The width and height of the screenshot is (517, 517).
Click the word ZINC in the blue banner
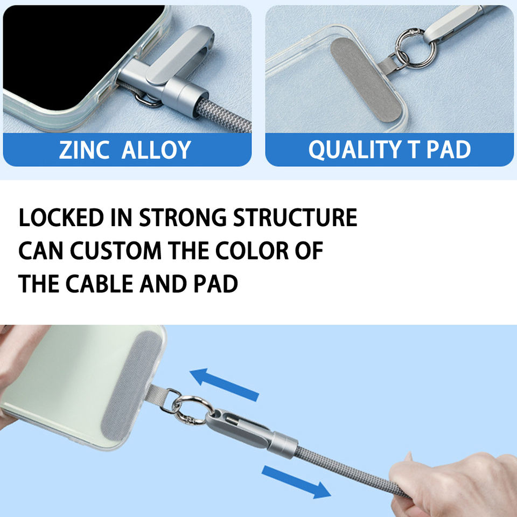[84, 150]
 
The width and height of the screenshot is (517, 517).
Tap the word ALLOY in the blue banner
[156, 150]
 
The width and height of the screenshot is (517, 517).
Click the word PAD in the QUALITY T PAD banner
[449, 150]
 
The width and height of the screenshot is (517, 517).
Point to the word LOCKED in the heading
[61, 218]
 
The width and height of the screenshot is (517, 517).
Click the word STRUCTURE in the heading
[295, 218]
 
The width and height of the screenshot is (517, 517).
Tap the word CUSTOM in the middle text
[116, 250]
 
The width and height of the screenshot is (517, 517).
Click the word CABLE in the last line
[99, 284]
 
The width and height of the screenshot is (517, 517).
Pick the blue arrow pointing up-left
[224, 384]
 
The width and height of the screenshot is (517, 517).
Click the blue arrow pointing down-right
[296, 481]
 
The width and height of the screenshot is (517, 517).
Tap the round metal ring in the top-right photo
[415, 48]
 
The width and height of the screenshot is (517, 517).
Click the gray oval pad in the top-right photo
[366, 80]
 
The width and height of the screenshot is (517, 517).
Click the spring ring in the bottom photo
[192, 410]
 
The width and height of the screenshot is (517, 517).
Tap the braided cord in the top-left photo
[224, 115]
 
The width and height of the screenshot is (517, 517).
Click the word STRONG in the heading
[183, 218]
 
